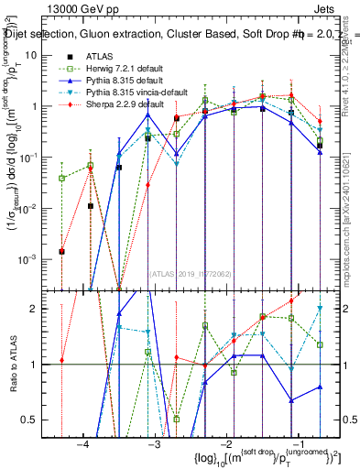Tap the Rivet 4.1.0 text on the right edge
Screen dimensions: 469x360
(352, 64)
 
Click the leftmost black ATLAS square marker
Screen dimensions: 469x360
(61, 251)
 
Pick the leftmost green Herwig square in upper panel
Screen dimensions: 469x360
(61, 178)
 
